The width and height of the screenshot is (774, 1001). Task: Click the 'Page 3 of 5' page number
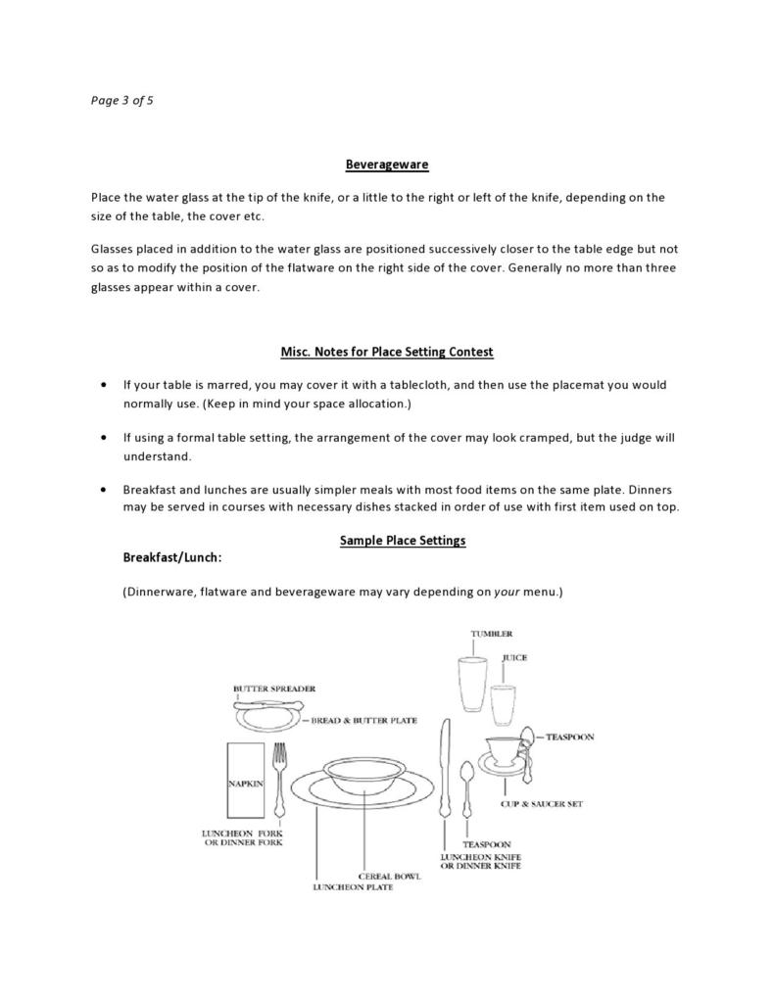pos(121,100)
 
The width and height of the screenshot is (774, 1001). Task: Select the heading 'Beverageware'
pos(386,165)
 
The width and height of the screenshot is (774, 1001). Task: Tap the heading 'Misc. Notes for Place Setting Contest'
pos(386,352)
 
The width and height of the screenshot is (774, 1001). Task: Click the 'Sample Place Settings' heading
pos(402,540)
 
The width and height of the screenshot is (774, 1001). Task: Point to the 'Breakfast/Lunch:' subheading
pos(172,557)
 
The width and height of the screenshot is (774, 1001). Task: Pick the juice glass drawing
pos(503,706)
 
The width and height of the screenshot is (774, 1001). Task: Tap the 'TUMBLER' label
pos(491,634)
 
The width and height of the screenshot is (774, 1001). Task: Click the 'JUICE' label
pos(514,657)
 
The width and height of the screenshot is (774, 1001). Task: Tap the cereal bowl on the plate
pos(364,775)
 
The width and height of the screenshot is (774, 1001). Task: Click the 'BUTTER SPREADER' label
pos(274,689)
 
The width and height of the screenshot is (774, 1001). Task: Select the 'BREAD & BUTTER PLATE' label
pos(363,720)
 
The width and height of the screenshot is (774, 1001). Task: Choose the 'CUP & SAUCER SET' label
pos(541,804)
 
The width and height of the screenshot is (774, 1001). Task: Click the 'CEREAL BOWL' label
pos(389,876)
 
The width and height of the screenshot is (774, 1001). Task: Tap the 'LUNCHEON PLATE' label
pos(353,887)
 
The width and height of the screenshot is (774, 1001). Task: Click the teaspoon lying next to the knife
pos(466,788)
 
